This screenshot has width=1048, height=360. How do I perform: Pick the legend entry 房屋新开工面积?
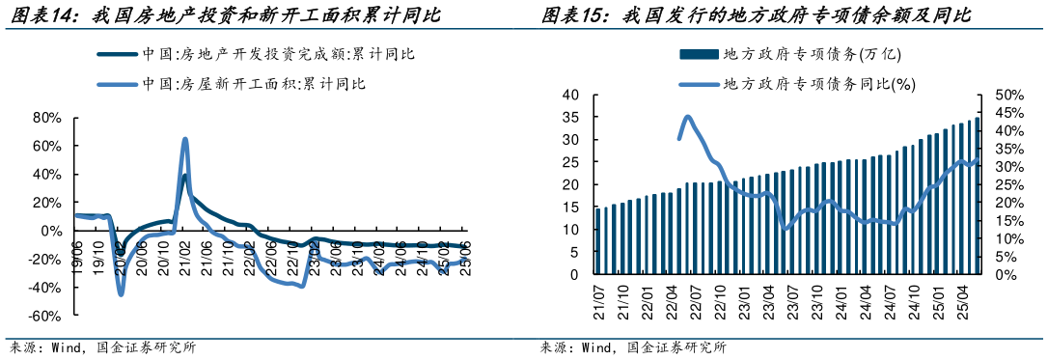(255, 84)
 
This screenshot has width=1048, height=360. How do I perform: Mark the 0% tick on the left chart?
(52, 232)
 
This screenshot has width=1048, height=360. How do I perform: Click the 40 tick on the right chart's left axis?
(569, 95)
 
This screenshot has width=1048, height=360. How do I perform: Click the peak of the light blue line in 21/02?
(184, 140)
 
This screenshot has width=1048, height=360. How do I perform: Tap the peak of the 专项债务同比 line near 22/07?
(687, 118)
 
